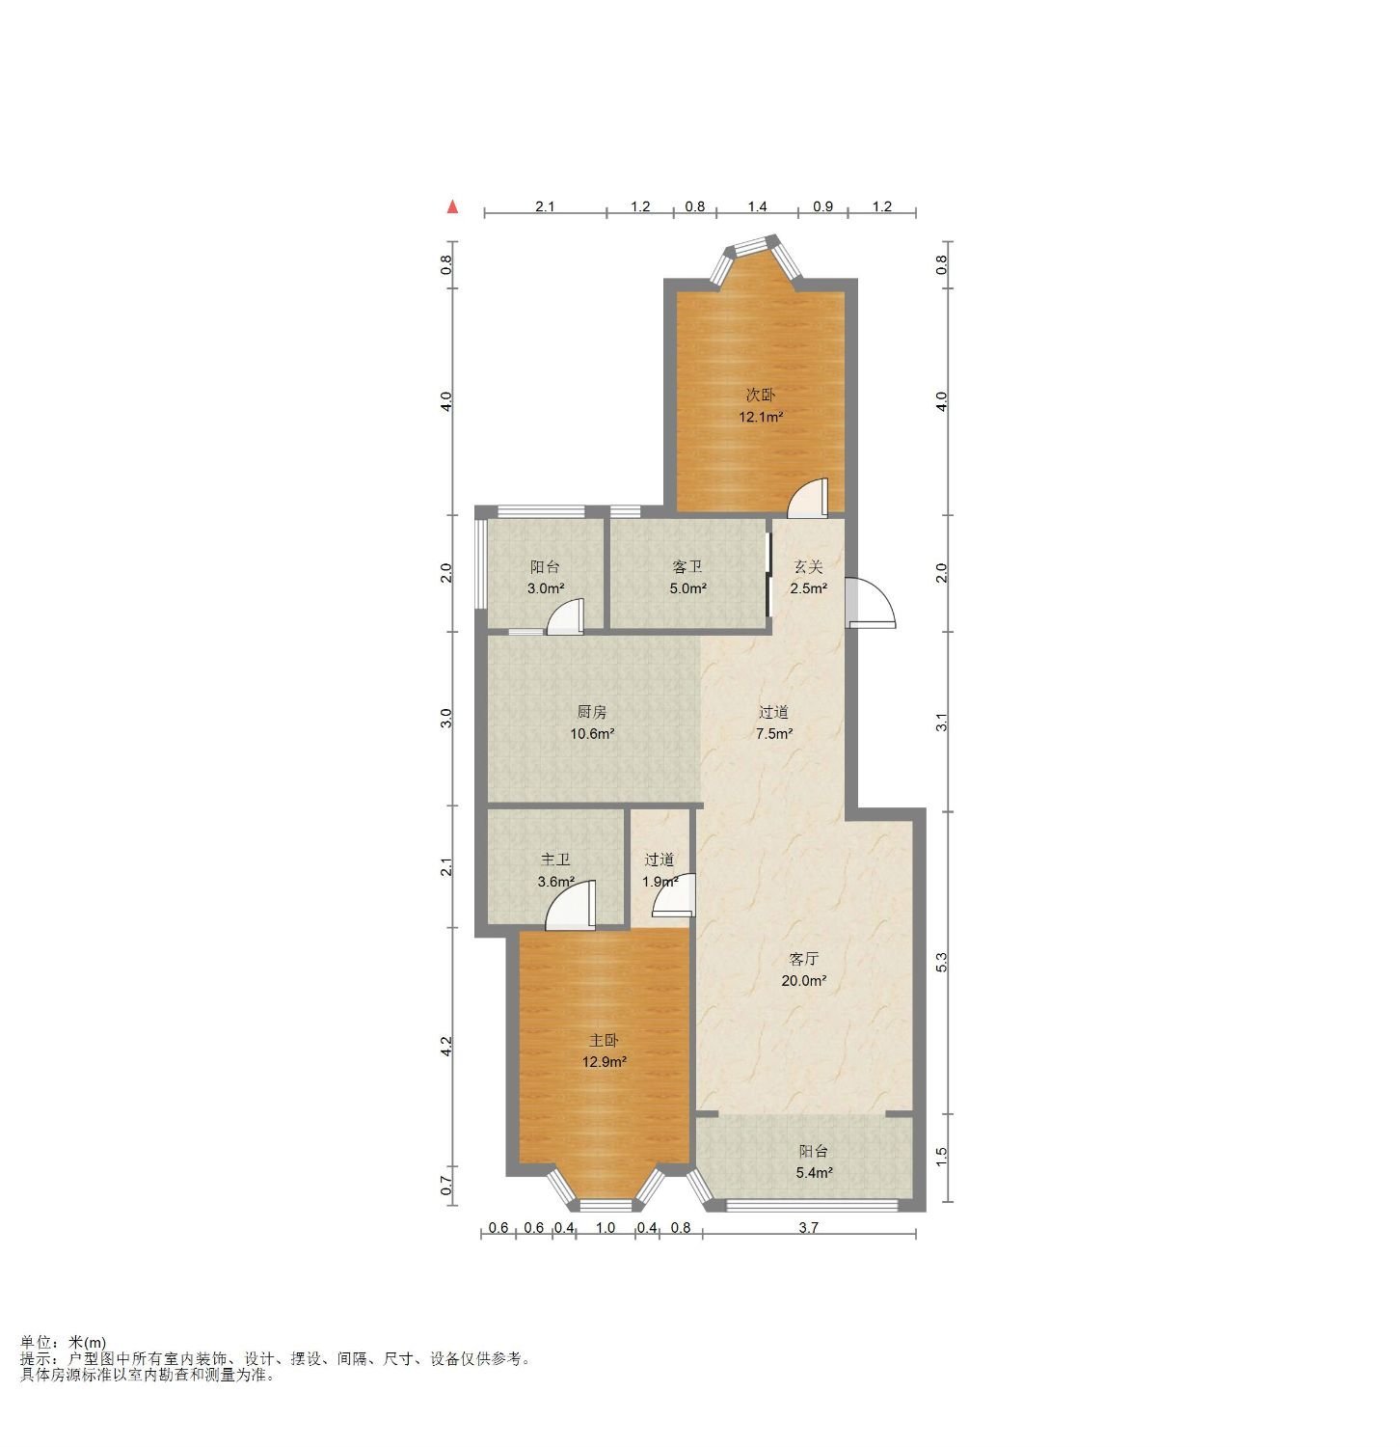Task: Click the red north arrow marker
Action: click(x=452, y=206)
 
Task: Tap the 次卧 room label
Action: click(x=760, y=395)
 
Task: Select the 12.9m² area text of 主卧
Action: click(x=604, y=1062)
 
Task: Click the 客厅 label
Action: click(x=803, y=959)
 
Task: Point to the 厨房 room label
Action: click(x=592, y=712)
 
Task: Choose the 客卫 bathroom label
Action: click(x=687, y=567)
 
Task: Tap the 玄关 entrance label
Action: click(x=808, y=567)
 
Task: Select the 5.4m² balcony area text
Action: click(x=814, y=1173)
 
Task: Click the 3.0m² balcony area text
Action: click(x=546, y=588)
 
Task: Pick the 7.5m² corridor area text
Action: click(x=774, y=733)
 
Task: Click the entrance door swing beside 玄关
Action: click(x=872, y=604)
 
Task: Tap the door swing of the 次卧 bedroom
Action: click(x=808, y=496)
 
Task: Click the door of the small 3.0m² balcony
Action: click(x=565, y=616)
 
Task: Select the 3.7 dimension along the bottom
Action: click(x=809, y=1228)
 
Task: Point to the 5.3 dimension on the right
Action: click(x=942, y=962)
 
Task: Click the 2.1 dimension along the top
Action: click(x=546, y=206)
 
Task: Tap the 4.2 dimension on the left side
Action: click(x=446, y=1046)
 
